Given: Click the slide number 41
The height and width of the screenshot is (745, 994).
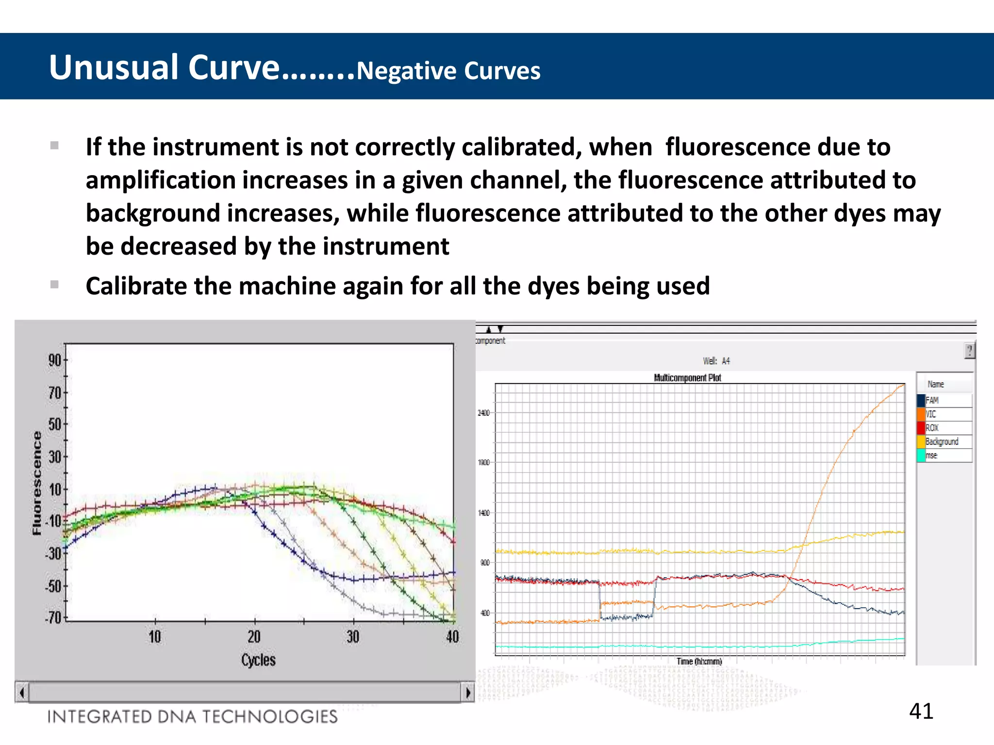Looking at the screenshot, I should [x=921, y=711].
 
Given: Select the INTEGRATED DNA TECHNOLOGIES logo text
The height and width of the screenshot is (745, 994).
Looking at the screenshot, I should [x=192, y=716].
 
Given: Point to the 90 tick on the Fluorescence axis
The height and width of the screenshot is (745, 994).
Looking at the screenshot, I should [x=55, y=360].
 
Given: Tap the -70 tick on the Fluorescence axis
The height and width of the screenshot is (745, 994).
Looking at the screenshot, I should [x=54, y=618].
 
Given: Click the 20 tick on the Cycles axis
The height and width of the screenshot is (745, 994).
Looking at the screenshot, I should [x=254, y=636].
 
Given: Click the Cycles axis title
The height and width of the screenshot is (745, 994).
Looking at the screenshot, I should [x=258, y=660].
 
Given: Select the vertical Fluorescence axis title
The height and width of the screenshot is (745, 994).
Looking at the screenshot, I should [x=37, y=483].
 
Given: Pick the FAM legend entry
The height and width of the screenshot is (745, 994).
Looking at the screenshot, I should [x=931, y=400].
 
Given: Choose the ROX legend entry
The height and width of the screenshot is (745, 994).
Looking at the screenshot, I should [x=931, y=428].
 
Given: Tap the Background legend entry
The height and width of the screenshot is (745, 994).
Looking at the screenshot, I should [x=941, y=441].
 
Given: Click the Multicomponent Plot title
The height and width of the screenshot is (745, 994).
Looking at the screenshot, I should [x=687, y=378].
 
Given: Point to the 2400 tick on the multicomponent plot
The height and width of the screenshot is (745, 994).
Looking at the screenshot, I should [x=484, y=413].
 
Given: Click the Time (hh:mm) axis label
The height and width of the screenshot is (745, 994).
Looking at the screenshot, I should [x=699, y=661].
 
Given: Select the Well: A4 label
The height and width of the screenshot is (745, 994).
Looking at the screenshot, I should [x=716, y=361].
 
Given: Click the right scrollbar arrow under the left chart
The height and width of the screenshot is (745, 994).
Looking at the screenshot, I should [x=468, y=692].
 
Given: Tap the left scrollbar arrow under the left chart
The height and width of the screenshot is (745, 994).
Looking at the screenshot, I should [x=22, y=692].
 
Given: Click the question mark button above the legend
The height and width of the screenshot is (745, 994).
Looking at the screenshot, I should [x=969, y=351].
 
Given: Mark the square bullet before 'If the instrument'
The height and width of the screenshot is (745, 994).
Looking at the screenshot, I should [x=54, y=146].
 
